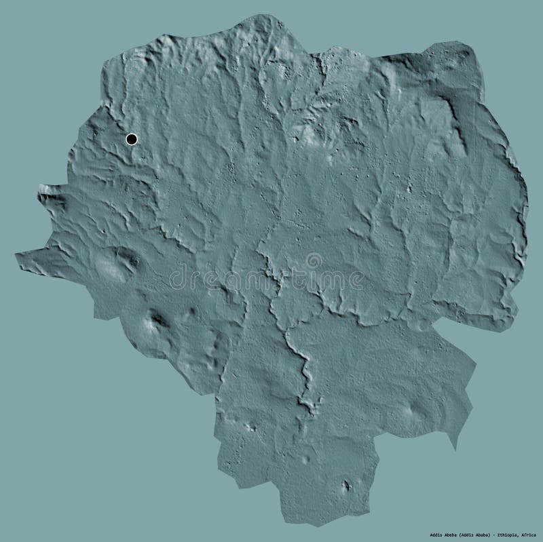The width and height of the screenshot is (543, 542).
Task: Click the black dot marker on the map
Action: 132,140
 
